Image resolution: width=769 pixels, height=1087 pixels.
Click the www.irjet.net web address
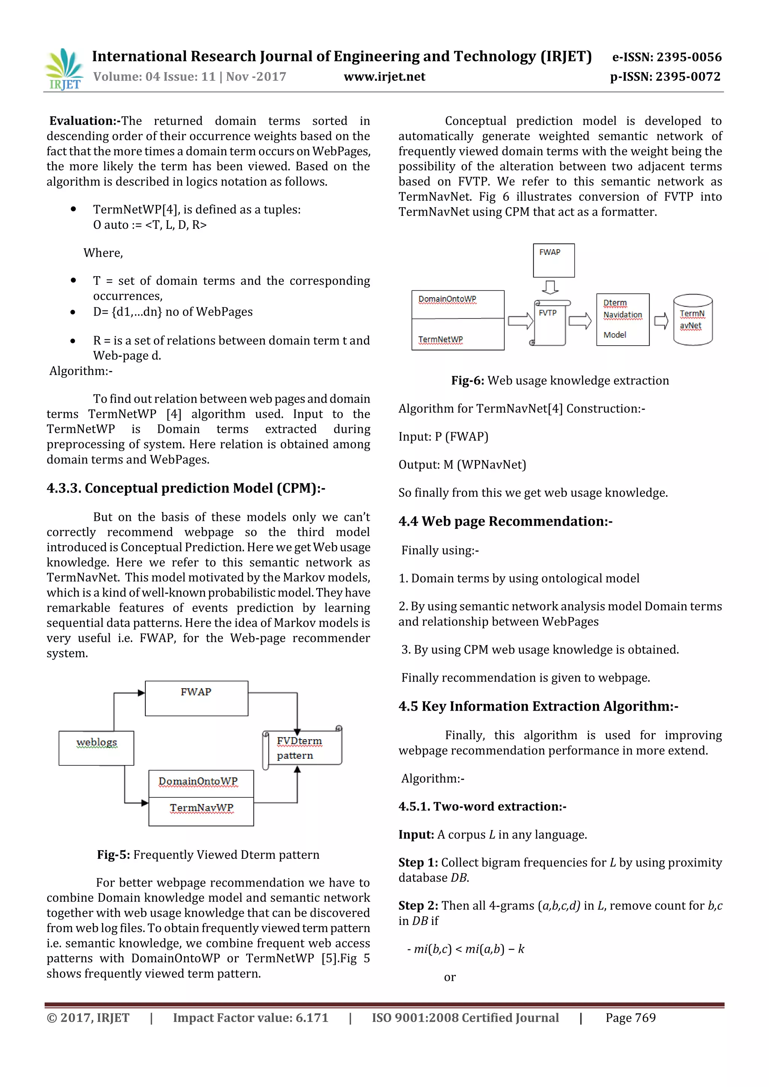tap(384, 77)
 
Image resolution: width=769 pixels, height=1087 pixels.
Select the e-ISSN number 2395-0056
tap(666, 57)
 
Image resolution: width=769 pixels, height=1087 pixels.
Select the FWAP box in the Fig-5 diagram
tap(196, 698)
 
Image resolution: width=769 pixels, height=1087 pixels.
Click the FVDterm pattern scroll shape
tap(302, 747)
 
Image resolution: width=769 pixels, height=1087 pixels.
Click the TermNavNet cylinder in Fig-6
tap(692, 320)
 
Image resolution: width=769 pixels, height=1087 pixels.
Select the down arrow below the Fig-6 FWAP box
tap(550, 287)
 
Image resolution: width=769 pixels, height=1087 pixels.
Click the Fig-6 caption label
tap(467, 380)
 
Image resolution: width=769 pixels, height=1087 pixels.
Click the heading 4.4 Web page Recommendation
tap(505, 521)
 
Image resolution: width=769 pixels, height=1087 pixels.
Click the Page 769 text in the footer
tap(630, 1018)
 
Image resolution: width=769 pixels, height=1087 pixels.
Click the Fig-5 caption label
tap(113, 854)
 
